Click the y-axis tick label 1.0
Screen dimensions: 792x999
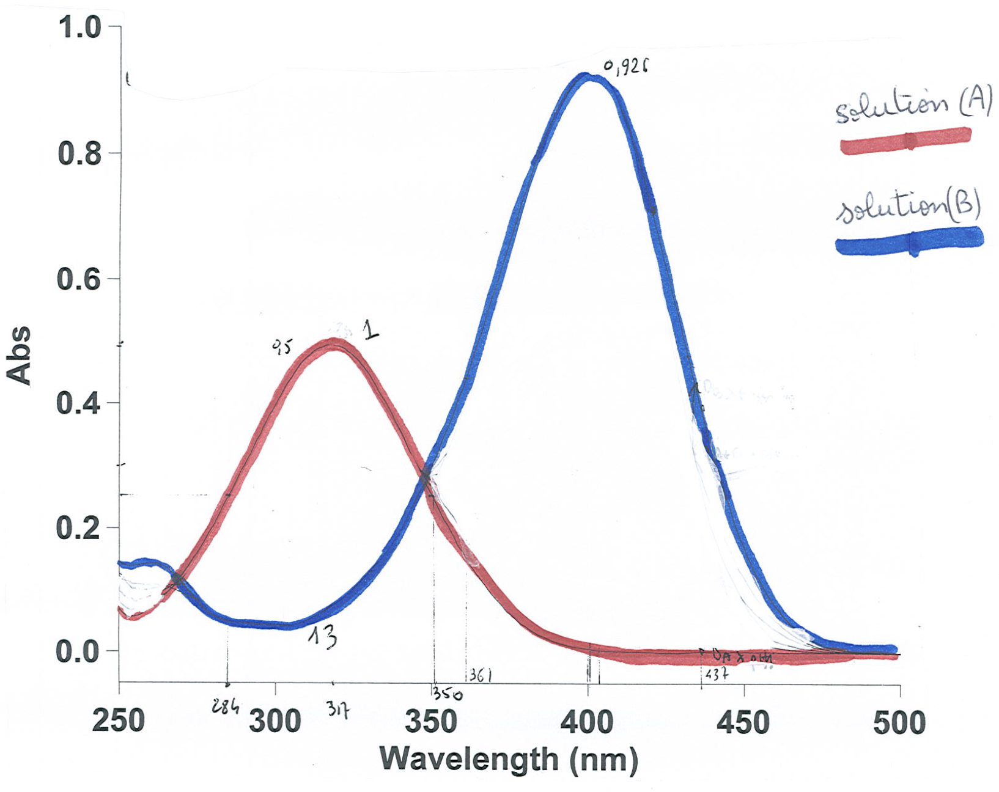point(79,28)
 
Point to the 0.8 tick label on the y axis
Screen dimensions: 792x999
point(79,154)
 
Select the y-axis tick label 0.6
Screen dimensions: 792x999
point(79,279)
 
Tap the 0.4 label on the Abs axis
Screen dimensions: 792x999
point(79,404)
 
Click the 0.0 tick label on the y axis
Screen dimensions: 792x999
point(79,652)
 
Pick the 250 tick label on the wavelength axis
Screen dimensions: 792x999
point(119,721)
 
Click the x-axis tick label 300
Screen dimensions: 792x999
point(275,722)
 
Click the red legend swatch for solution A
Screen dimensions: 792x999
point(905,141)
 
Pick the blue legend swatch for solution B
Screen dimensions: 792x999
point(910,241)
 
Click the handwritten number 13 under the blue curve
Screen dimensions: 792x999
point(323,637)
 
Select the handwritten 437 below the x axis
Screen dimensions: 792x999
point(717,675)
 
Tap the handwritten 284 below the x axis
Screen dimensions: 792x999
point(225,706)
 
